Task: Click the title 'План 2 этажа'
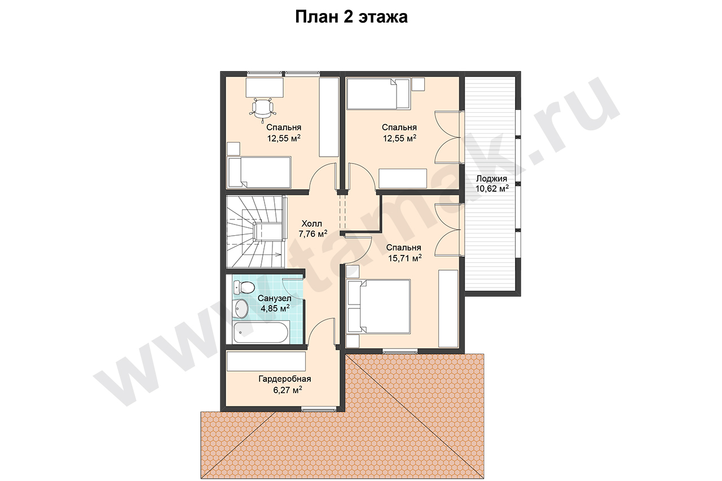click(351, 17)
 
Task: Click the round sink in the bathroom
click(241, 308)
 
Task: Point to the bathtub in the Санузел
click(261, 332)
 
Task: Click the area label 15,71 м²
click(405, 258)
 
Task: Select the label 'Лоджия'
click(491, 179)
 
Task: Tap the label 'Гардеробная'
click(285, 379)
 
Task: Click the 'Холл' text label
click(312, 224)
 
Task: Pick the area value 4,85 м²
click(275, 308)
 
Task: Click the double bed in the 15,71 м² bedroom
click(378, 306)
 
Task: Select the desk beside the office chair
click(265, 87)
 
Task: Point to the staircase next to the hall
click(256, 231)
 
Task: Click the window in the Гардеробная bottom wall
click(318, 409)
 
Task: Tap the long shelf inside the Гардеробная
click(266, 361)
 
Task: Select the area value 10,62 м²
click(492, 189)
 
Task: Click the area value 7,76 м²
click(313, 234)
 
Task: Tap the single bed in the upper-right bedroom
click(378, 94)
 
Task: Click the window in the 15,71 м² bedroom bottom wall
click(400, 352)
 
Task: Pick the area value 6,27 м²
click(288, 390)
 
